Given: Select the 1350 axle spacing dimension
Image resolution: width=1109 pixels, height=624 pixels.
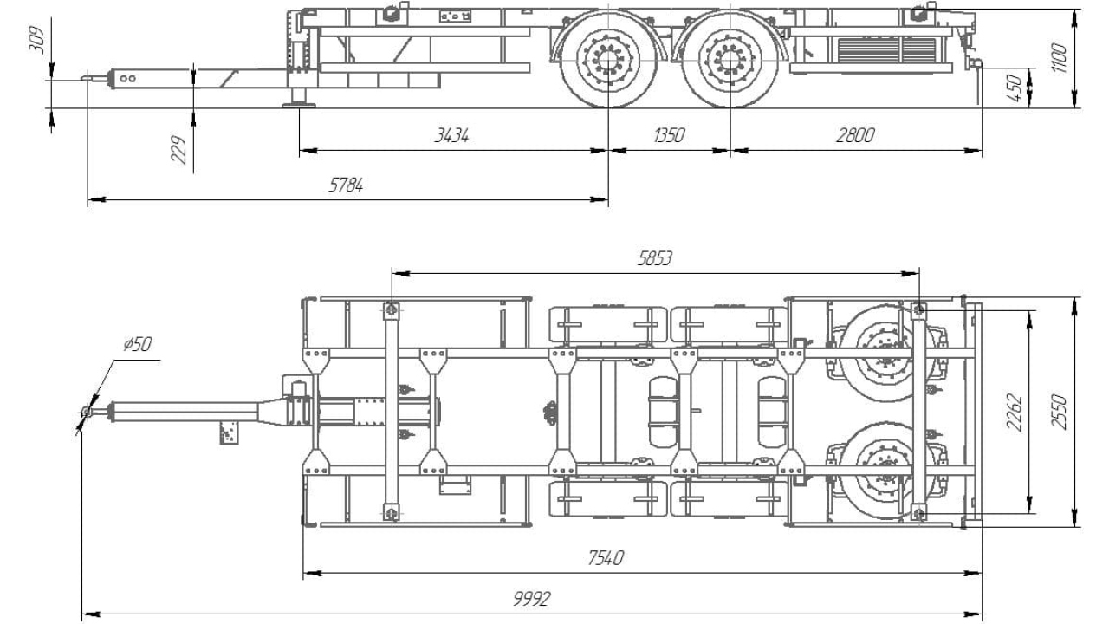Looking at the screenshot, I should pyautogui.click(x=668, y=136).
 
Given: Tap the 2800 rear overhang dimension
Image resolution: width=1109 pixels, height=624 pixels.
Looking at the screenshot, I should pyautogui.click(x=855, y=136).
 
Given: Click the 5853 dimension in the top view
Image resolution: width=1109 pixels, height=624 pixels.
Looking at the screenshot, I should pyautogui.click(x=655, y=258).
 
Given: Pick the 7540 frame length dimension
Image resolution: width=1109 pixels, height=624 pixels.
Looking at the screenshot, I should pyautogui.click(x=606, y=558).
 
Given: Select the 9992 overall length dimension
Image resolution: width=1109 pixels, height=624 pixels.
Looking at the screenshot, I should pyautogui.click(x=531, y=599).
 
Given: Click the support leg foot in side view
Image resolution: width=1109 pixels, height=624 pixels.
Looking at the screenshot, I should pyautogui.click(x=299, y=105).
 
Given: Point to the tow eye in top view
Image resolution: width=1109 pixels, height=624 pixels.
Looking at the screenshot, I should pyautogui.click(x=86, y=413).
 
